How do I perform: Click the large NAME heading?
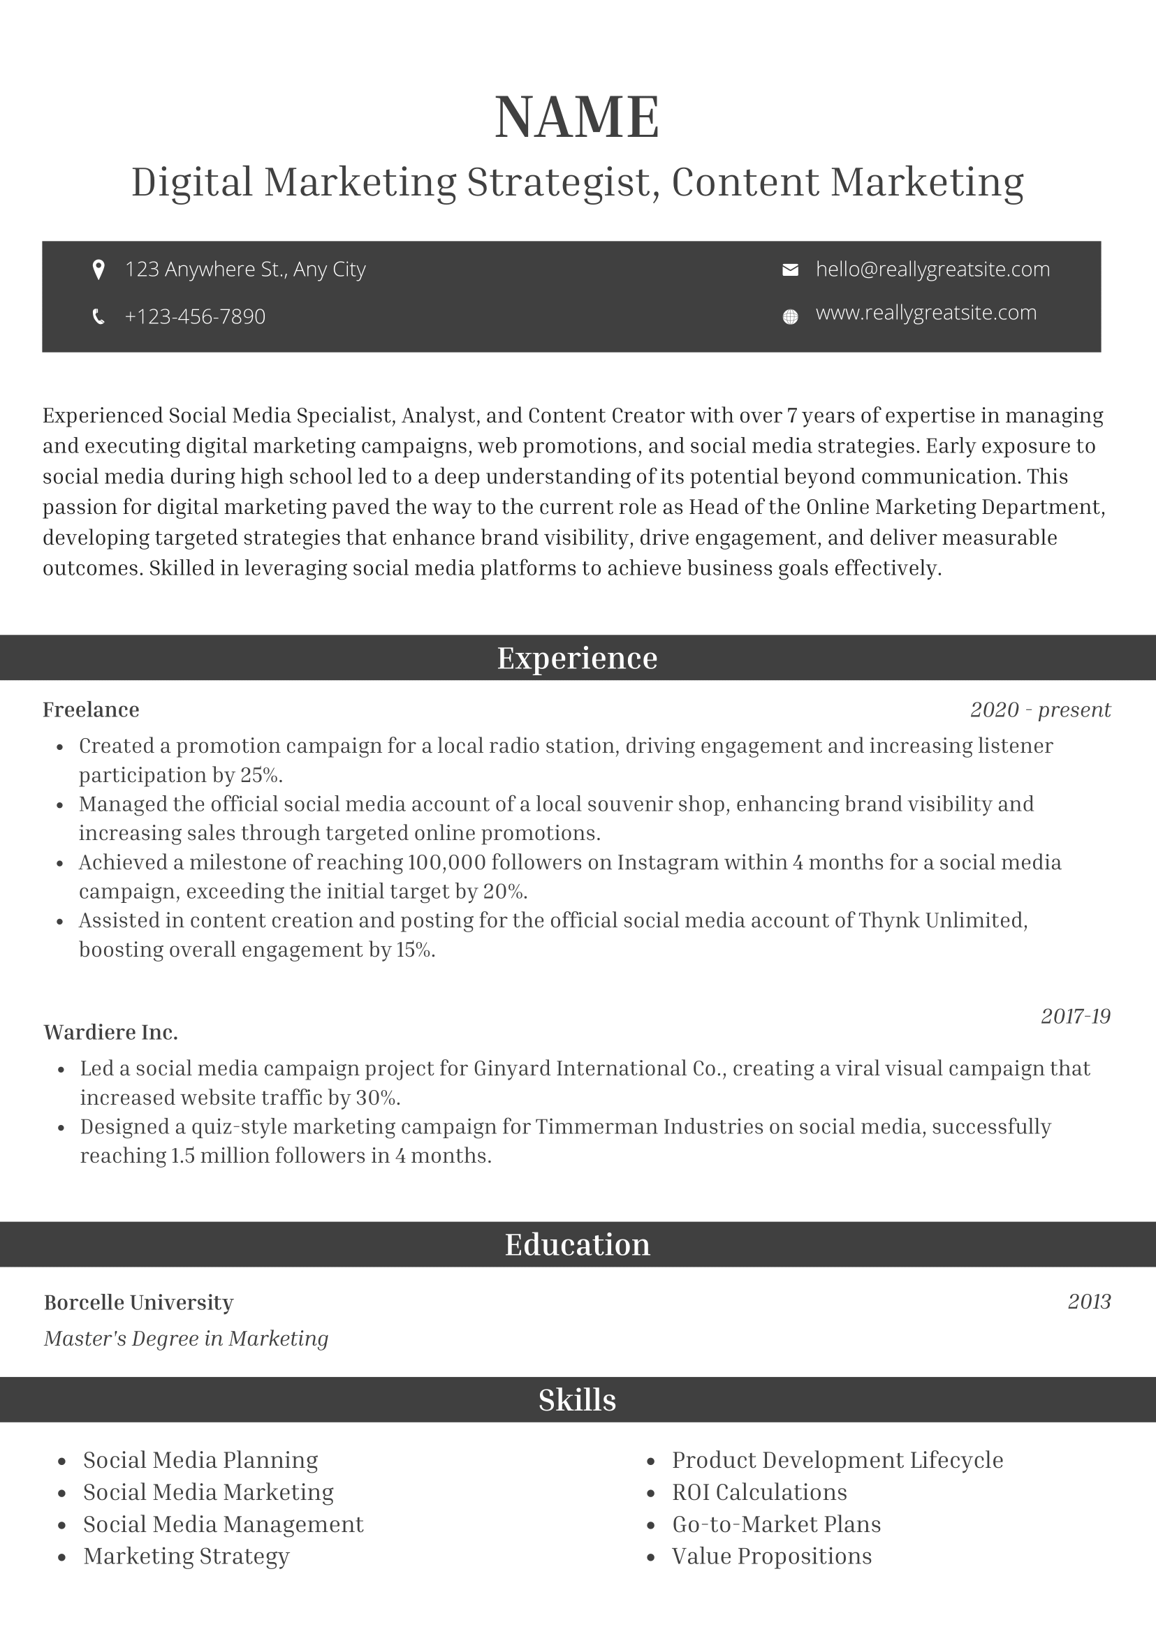coord(577,117)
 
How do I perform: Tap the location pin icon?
coord(99,270)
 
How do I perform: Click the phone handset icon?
coord(99,317)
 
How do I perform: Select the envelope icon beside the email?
coord(790,270)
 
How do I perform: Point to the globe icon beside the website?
coord(790,317)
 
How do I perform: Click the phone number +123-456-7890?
coord(195,317)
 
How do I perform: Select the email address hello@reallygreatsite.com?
coord(932,270)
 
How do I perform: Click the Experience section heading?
coord(577,658)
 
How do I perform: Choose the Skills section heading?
coord(577,1400)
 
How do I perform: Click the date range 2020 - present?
coord(1040,709)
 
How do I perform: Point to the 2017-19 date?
coord(1076,1016)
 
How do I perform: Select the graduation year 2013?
coord(1089,1302)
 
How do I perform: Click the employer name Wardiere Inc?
coord(111,1033)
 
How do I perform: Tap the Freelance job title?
coord(91,709)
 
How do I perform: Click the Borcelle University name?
coord(139,1302)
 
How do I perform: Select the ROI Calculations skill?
coord(759,1492)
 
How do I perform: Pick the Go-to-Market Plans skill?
coord(777,1524)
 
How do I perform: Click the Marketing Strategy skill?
coord(186,1556)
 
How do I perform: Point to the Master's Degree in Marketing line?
coord(186,1339)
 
